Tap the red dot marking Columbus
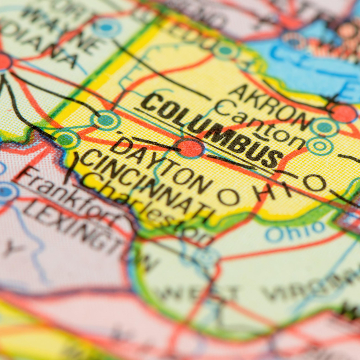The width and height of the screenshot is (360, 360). pos(190,148)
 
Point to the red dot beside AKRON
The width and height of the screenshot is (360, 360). pos(345,113)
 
